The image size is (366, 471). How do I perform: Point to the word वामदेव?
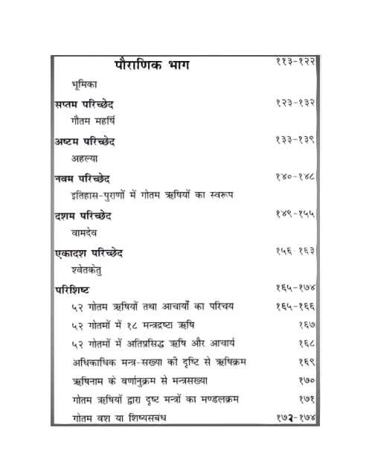[x=86, y=233]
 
